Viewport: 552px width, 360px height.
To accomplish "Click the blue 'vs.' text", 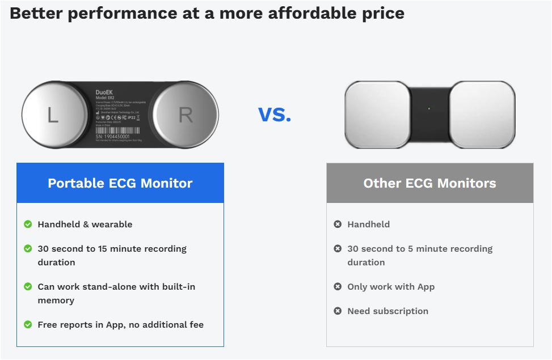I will click(x=275, y=115).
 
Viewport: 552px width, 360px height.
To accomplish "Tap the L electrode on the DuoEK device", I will click(x=52, y=115).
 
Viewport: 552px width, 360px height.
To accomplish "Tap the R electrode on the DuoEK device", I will click(x=186, y=115).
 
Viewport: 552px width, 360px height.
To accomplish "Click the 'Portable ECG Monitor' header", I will click(x=120, y=183).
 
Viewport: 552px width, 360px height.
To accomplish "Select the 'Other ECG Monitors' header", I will click(x=429, y=183).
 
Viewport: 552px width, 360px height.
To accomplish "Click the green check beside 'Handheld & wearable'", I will click(x=28, y=225).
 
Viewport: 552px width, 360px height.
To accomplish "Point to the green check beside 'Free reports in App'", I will click(x=28, y=325).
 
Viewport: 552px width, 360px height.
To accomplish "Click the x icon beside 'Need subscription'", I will click(x=338, y=311).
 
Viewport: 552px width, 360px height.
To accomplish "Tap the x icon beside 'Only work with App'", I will click(x=338, y=287).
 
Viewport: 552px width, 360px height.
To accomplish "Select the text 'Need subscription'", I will click(x=387, y=311).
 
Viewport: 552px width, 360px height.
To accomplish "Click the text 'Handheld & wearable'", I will click(x=85, y=225).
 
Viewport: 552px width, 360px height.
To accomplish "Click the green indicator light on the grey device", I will click(x=429, y=108).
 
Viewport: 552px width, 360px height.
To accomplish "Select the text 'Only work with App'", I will click(x=391, y=287).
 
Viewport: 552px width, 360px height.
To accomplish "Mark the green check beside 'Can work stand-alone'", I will click(x=28, y=287).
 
